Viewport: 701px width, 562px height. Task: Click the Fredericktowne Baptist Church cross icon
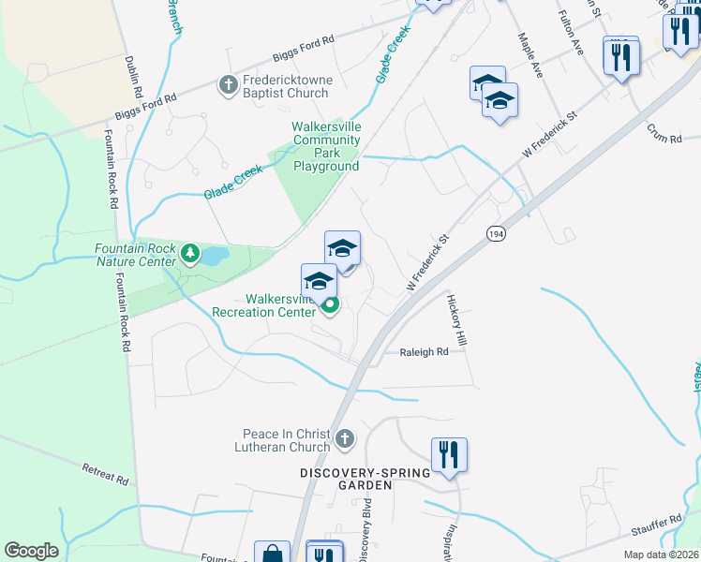pos(227,86)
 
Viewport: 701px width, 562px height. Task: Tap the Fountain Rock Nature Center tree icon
pos(190,254)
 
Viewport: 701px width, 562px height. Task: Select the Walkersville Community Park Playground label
pos(326,147)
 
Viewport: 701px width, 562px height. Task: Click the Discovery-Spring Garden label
pos(365,473)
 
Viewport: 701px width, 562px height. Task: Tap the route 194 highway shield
pos(496,232)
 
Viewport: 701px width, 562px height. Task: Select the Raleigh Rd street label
pos(425,352)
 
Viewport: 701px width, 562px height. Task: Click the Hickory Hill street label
pos(456,319)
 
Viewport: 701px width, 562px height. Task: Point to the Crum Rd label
pos(664,137)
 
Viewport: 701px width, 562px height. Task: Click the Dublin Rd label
pos(132,77)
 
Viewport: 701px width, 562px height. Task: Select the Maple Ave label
pos(530,55)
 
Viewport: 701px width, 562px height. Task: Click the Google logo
pos(31,551)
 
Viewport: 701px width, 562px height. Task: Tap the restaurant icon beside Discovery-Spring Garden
pos(449,455)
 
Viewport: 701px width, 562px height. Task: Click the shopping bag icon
pos(271,553)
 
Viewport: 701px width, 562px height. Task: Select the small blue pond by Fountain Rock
pos(214,255)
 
